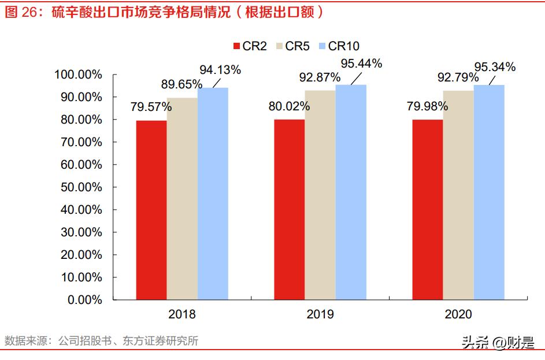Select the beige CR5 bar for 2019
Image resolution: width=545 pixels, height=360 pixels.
tap(320, 195)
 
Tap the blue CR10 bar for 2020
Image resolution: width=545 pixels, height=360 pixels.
tap(489, 192)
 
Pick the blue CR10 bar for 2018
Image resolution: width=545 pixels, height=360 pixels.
tap(213, 194)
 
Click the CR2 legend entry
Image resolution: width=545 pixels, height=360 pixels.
tap(250, 46)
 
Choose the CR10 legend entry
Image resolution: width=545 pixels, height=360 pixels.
tap(338, 46)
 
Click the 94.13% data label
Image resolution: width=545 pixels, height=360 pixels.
tap(220, 70)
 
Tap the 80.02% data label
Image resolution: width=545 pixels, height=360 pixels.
tap(289, 106)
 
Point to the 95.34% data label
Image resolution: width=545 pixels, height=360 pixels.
tap(495, 67)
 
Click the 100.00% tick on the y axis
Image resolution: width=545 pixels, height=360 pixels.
tap(78, 75)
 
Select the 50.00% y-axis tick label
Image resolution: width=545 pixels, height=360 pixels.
tap(80, 187)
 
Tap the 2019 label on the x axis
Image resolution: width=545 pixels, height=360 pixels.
tap(320, 315)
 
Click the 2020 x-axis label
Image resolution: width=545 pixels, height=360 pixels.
tap(458, 315)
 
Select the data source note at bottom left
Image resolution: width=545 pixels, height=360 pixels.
tap(101, 341)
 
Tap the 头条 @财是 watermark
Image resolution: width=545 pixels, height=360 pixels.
tap(498, 343)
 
